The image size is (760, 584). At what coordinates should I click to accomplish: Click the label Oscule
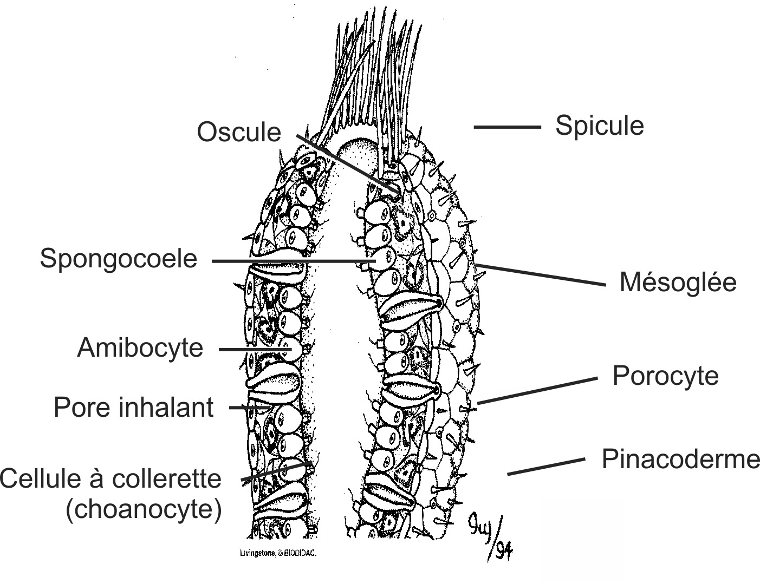click(x=239, y=132)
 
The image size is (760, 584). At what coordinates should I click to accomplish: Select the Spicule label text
click(x=599, y=126)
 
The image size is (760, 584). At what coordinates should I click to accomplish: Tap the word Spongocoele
click(x=119, y=258)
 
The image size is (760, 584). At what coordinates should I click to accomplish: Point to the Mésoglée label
click(x=678, y=282)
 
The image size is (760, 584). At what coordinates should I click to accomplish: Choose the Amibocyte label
click(x=140, y=347)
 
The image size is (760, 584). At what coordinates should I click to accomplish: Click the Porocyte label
click(x=665, y=376)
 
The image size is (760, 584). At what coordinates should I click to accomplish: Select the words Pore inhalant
click(x=133, y=407)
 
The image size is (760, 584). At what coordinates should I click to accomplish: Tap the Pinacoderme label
click(x=680, y=459)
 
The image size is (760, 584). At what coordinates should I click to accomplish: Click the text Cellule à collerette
click(x=111, y=479)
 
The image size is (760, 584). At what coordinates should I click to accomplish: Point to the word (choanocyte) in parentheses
click(x=144, y=509)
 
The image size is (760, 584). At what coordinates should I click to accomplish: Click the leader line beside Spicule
click(x=507, y=127)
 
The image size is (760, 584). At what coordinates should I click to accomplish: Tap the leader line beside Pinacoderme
click(x=546, y=467)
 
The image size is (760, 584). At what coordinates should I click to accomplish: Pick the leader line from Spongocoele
click(x=287, y=261)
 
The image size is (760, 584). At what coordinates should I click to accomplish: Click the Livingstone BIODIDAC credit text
click(x=277, y=554)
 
